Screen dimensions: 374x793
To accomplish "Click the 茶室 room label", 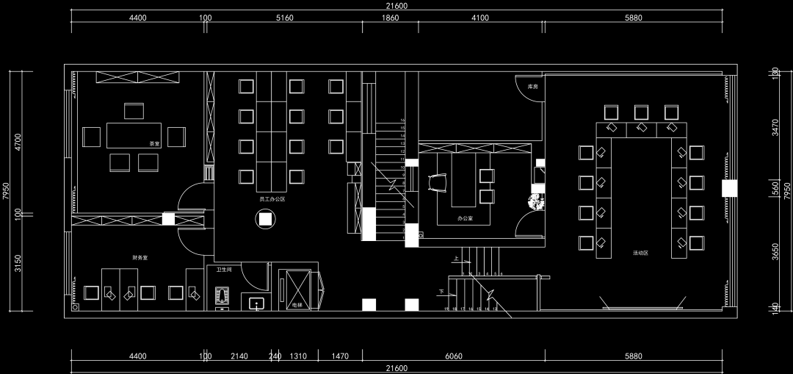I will point(154,143).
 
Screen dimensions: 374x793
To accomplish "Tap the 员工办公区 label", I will point(272,199).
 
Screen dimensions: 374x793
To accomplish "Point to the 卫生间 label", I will point(224,270).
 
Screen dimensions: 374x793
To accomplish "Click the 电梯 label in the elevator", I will point(297,304).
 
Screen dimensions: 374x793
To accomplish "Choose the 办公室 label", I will point(465,218).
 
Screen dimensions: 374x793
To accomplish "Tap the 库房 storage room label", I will point(533,86).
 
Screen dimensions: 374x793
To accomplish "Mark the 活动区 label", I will point(640,253).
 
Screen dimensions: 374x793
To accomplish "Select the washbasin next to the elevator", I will point(256,302).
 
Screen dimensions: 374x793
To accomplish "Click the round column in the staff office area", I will point(265,218).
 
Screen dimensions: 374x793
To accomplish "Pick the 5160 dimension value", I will point(285,18).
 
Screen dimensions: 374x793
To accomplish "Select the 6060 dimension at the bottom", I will point(454,356).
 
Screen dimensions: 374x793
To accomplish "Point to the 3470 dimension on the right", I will point(775,129).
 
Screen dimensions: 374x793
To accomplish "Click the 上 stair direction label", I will point(456,259).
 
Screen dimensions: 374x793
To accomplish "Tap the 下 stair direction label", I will point(441,292).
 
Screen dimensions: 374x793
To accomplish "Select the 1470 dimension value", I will point(340,356).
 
